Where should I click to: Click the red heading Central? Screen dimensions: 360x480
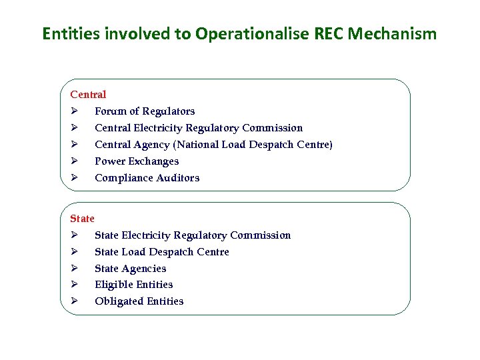point(88,95)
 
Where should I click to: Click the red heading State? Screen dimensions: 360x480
point(82,219)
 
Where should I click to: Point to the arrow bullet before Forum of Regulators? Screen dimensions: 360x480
point(75,111)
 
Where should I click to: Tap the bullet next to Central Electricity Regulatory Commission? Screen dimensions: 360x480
point(75,128)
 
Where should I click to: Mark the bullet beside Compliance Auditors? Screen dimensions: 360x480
point(75,178)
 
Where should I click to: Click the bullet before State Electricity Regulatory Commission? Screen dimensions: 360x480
point(75,235)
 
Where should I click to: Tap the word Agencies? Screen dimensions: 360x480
point(144,269)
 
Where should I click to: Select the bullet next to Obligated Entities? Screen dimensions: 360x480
point(75,301)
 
